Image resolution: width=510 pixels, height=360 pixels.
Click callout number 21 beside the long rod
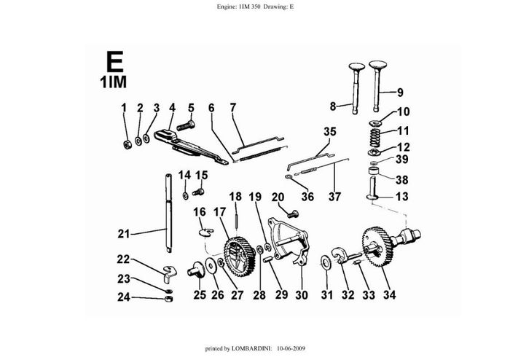coord(123,234)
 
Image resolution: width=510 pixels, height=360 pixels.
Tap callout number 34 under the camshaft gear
coord(390,295)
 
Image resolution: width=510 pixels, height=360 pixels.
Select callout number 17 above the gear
coord(218,211)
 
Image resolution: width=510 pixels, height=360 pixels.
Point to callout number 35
coord(329,132)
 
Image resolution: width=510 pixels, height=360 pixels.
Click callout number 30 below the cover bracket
coord(302,295)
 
